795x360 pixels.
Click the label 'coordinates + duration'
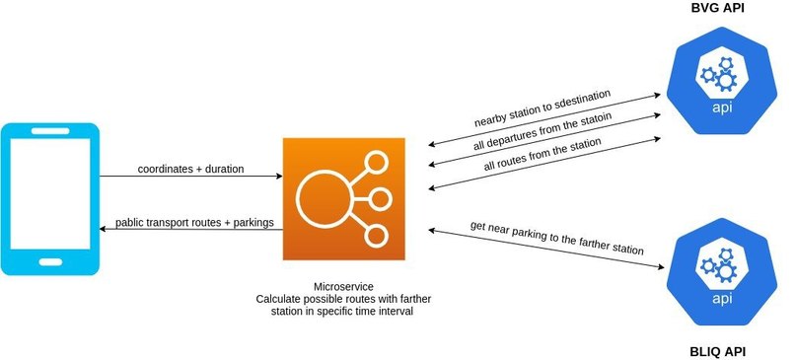[190, 168]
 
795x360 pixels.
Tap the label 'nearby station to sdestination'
[541, 108]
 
